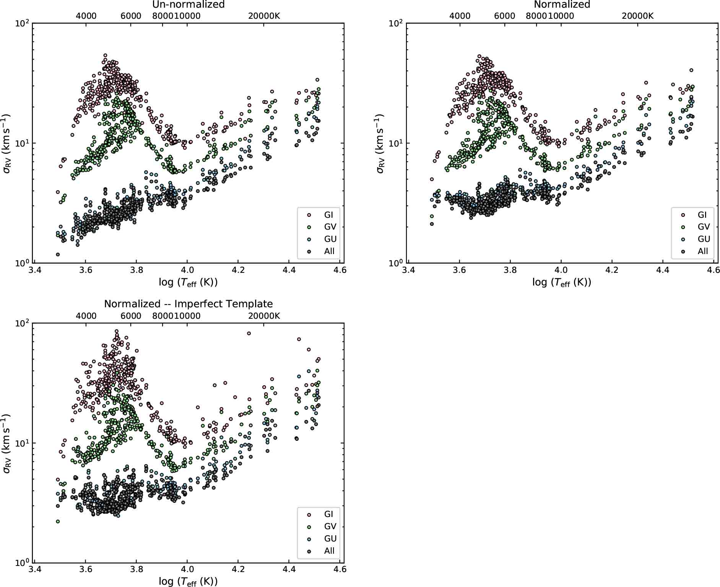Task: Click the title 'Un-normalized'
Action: pos(188,5)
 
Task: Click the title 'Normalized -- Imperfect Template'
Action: pos(188,304)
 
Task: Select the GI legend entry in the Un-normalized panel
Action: pos(323,215)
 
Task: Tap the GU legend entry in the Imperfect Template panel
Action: pos(323,538)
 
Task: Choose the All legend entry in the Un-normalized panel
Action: pos(323,251)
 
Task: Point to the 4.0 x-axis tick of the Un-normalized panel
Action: pos(187,270)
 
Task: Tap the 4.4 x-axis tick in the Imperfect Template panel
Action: pos(289,569)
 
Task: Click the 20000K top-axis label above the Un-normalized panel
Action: pos(264,16)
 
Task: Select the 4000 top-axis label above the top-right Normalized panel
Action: pos(460,16)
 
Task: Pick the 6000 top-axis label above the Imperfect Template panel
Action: pos(131,316)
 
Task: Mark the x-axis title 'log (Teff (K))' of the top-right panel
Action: pos(561,282)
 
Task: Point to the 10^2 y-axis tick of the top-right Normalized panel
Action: pos(396,23)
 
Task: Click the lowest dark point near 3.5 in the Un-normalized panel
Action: pos(58,254)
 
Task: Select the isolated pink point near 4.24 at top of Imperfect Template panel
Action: pos(249,333)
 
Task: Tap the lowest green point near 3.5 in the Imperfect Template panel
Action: pos(58,521)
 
